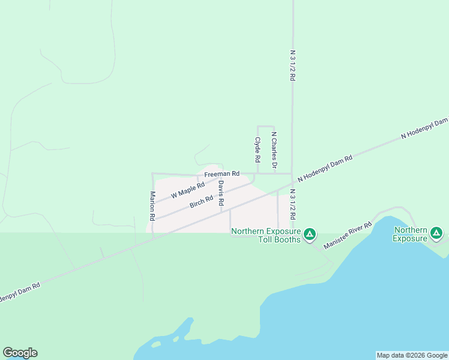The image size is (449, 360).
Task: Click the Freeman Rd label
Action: [221, 174]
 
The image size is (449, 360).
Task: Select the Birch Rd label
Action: [202, 202]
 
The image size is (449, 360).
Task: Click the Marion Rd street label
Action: [153, 205]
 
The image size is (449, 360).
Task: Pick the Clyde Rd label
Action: [258, 149]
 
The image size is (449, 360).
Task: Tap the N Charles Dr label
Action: [274, 149]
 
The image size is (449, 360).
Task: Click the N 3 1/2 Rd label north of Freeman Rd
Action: [292, 65]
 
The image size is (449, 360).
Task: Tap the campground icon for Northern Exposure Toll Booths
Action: [310, 234]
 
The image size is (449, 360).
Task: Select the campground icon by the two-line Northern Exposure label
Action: [436, 233]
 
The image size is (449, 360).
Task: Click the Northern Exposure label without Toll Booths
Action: [410, 234]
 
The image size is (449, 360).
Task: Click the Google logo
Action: [20, 353]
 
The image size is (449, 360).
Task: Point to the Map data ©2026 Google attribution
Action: [412, 355]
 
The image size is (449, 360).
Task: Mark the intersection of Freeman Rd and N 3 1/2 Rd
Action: [292, 174]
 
